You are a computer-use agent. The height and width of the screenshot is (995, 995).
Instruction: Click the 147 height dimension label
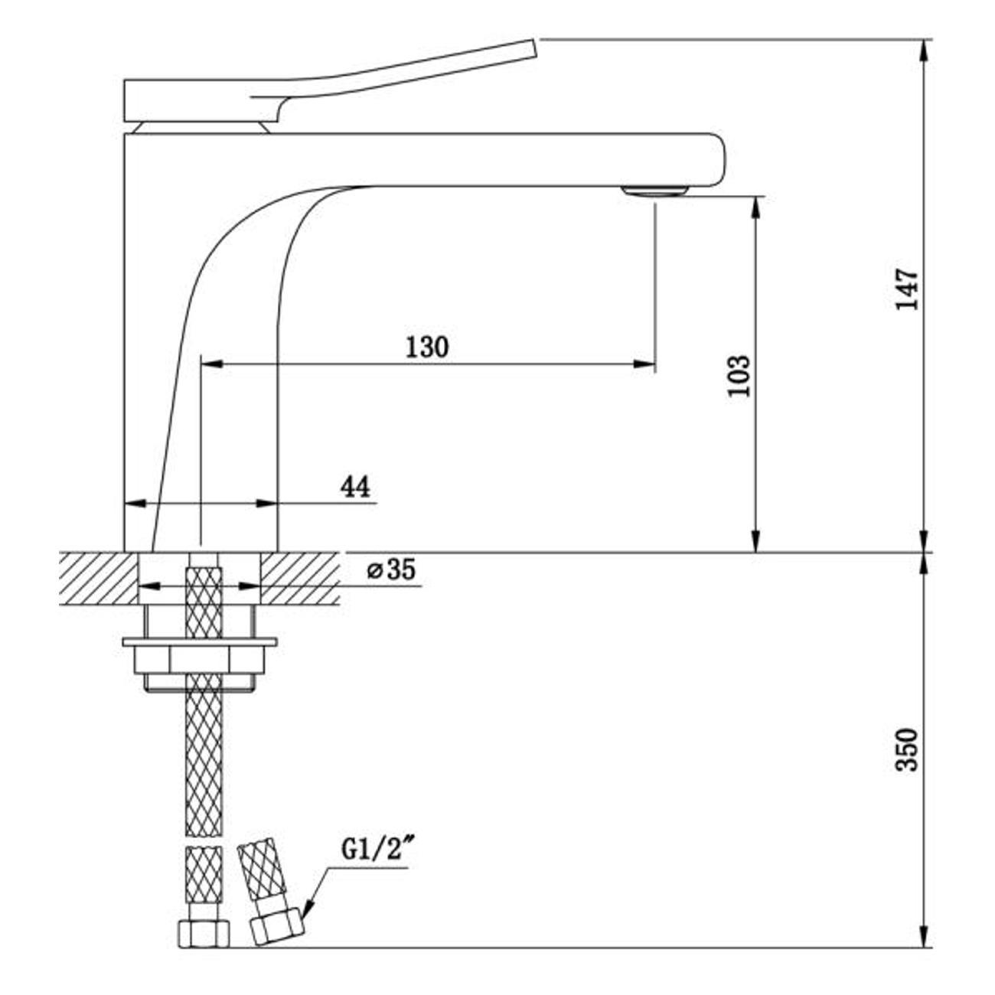pyautogui.click(x=907, y=289)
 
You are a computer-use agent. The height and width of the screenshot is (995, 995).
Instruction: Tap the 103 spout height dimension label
pyautogui.click(x=739, y=376)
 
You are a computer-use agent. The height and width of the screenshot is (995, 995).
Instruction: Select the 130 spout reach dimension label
pyautogui.click(x=427, y=347)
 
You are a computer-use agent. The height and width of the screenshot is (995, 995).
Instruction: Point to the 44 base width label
pyautogui.click(x=355, y=486)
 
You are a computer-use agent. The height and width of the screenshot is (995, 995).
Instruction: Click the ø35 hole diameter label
pyautogui.click(x=391, y=570)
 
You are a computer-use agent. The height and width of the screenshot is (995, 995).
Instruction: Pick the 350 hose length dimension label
pyautogui.click(x=907, y=750)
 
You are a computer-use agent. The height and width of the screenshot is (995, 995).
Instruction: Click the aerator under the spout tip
pyautogui.click(x=654, y=191)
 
